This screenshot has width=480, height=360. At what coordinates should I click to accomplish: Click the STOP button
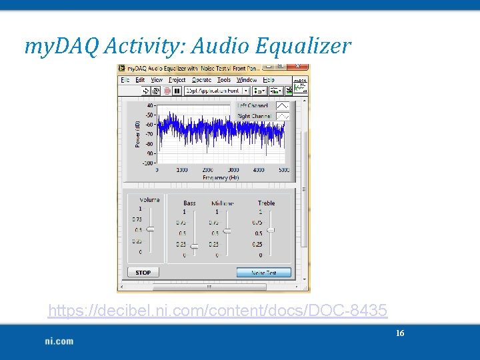(143, 273)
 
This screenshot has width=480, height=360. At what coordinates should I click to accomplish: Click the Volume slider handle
(150, 229)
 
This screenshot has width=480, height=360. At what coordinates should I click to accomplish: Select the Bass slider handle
(194, 246)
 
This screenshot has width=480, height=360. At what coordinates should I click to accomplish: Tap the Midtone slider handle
(227, 231)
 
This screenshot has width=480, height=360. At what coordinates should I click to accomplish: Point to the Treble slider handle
(271, 229)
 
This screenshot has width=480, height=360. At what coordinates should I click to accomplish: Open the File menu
(125, 80)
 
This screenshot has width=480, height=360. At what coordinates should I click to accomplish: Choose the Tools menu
(224, 80)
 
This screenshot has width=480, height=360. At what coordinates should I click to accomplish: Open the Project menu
(177, 80)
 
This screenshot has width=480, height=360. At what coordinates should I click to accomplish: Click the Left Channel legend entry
(253, 105)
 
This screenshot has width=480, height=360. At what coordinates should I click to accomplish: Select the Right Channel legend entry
(253, 116)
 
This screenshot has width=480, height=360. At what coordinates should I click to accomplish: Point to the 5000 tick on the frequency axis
(284, 170)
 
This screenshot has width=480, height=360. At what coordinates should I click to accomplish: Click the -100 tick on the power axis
(148, 163)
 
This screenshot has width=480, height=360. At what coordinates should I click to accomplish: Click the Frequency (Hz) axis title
(221, 177)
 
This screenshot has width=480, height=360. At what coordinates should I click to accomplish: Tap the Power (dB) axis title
(138, 133)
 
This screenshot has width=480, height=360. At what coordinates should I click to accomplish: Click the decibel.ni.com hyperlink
(217, 311)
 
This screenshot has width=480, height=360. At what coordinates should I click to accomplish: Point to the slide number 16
(400, 333)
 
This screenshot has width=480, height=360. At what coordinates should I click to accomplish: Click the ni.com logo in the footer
(59, 341)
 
